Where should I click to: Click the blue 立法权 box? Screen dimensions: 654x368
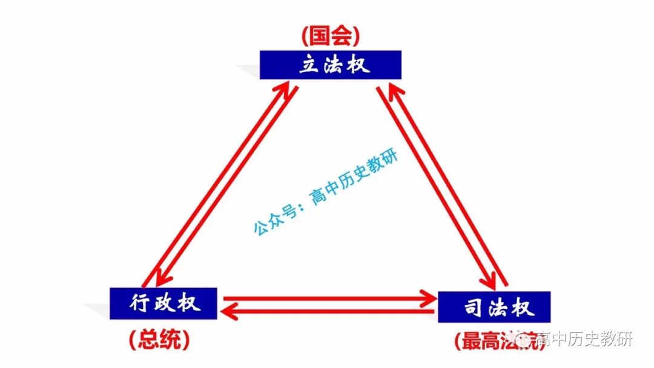(331, 65)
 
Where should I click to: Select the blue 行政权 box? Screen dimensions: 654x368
(163, 303)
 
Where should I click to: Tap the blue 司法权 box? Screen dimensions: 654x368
(494, 307)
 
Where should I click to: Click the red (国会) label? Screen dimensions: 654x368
(331, 37)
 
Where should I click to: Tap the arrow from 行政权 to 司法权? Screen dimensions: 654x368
(330, 298)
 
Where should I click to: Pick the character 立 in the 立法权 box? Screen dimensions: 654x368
(309, 65)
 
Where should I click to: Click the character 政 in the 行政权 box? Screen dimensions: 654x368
(163, 303)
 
